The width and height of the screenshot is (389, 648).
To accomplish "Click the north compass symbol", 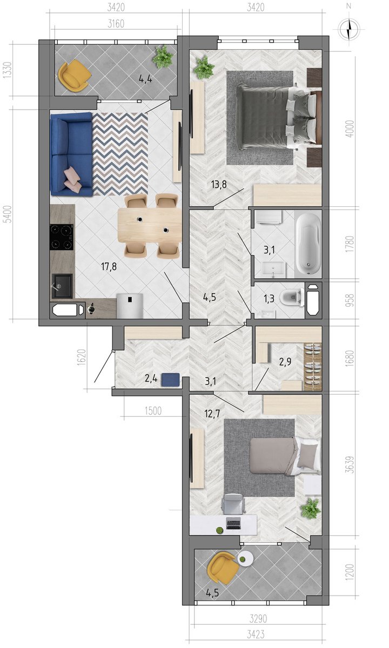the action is pos(349,29).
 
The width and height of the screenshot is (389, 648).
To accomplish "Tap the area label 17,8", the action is pos(109,266).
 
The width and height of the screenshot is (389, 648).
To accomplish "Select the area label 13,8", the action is pos(219,184).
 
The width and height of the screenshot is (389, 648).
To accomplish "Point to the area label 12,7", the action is pos(212,414).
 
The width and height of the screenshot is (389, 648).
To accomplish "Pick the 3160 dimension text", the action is pos(116,24).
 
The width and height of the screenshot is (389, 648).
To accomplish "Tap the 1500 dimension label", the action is pos(153,411).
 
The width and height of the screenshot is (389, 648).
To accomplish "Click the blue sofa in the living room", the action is pos(71,154).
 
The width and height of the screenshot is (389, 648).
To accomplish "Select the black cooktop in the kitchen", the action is pos(62,237).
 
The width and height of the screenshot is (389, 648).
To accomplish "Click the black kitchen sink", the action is pos(62,286).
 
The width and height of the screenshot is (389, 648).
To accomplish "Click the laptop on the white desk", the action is pos(233,524).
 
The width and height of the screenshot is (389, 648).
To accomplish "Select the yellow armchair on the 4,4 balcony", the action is pos(75,75).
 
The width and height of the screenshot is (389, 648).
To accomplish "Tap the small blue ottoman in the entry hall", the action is pos(171,380).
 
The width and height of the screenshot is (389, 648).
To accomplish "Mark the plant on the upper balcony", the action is pos(163,57).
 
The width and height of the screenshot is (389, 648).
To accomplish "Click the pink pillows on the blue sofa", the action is pos(72,177).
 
